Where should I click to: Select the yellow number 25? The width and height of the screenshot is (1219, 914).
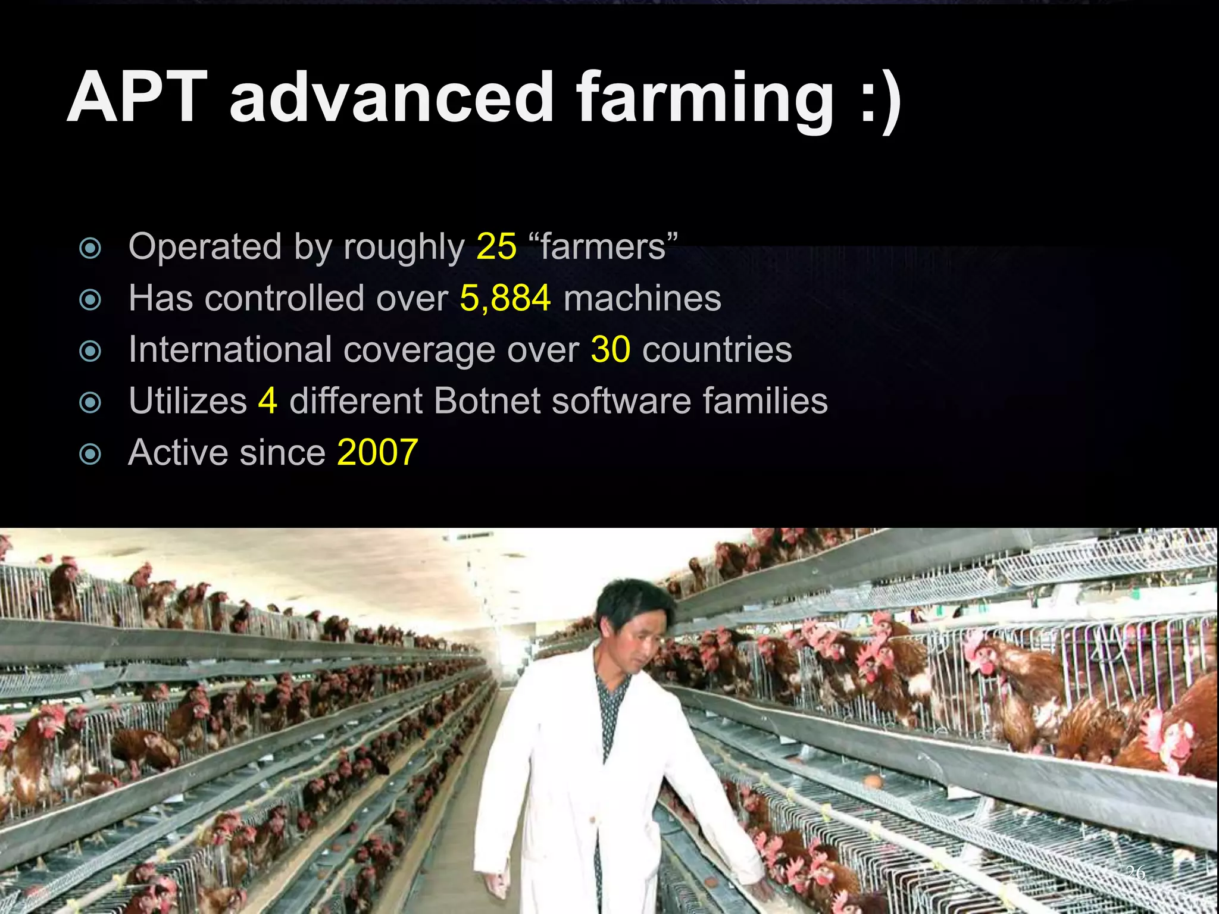point(496,246)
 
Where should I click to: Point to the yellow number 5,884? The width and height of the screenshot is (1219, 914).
point(505,298)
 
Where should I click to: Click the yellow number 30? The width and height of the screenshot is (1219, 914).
point(611,349)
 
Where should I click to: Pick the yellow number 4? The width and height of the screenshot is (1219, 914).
point(267,400)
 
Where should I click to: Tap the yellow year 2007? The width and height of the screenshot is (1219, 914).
point(377,452)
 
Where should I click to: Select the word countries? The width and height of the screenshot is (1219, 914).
point(717,349)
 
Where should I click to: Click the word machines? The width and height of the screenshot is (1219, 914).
point(642,298)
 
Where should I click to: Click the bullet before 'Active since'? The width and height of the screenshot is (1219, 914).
point(90,454)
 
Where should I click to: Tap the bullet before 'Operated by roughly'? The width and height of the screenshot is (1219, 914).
point(90,248)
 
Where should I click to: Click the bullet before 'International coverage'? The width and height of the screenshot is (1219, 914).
point(90,351)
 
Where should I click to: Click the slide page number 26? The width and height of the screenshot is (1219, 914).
point(1136,872)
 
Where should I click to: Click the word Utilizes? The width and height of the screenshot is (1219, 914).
point(187,400)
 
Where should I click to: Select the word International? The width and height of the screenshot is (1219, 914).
point(230,349)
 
